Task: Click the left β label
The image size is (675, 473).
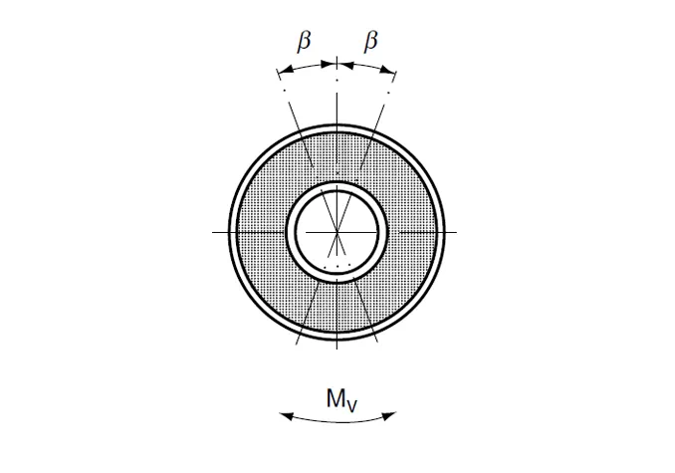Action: pyautogui.click(x=306, y=42)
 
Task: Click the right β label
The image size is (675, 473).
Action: pyautogui.click(x=371, y=42)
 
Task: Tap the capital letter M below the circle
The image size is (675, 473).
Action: pyautogui.click(x=335, y=398)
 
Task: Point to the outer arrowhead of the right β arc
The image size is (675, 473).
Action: pyautogui.click(x=394, y=72)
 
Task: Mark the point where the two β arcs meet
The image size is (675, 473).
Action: pyautogui.click(x=337, y=64)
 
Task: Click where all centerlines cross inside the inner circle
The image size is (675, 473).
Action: pyautogui.click(x=337, y=231)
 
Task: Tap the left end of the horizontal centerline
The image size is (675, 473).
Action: pyautogui.click(x=214, y=231)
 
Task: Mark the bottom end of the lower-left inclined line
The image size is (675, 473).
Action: pyautogui.click(x=298, y=345)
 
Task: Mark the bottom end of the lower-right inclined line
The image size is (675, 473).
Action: pyautogui.click(x=379, y=345)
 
